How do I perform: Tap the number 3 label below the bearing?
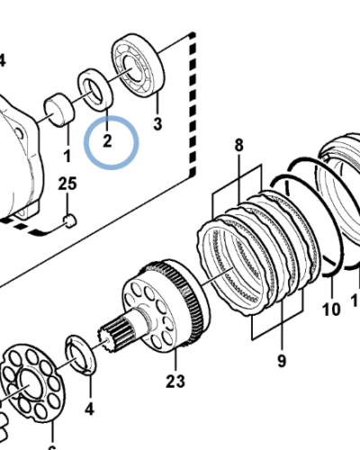tap(157, 123)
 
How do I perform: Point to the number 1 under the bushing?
tap(66, 157)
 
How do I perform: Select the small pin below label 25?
tap(70, 219)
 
